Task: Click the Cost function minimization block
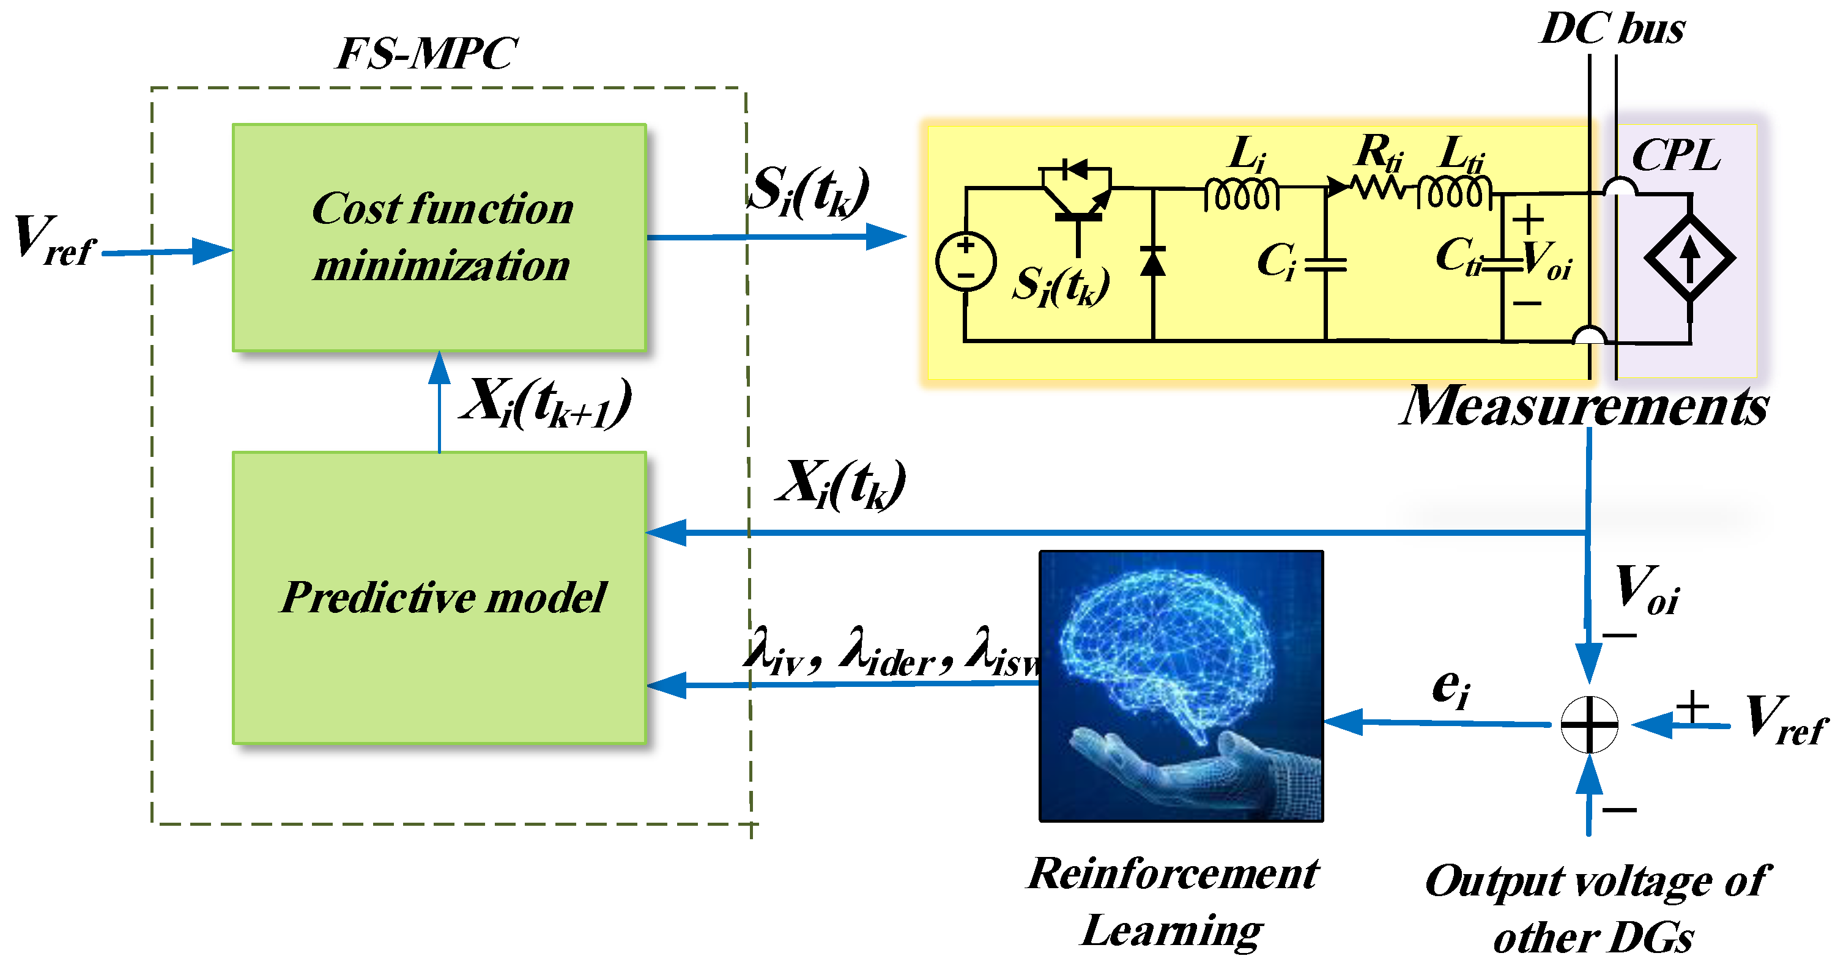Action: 439,237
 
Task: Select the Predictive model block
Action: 439,597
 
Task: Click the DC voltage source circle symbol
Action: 965,261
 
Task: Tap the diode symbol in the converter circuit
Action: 1152,262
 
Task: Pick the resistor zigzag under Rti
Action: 1377,188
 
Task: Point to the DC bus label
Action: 1612,29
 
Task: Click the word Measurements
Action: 1584,406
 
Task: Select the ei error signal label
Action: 1450,688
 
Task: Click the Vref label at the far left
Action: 54,242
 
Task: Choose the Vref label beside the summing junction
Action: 1784,721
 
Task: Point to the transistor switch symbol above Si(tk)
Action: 1077,193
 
